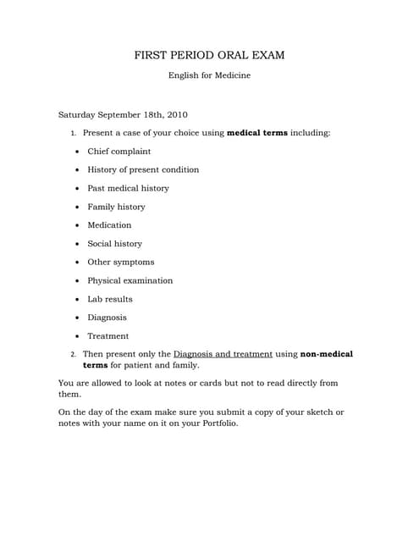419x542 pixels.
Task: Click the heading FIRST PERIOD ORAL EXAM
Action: click(x=209, y=55)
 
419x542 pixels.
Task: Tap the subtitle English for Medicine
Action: click(x=209, y=75)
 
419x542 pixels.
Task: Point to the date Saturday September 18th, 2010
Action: click(x=123, y=114)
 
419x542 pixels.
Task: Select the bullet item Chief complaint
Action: click(x=119, y=152)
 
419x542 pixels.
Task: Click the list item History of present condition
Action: click(x=143, y=169)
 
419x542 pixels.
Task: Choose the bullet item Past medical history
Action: click(x=128, y=188)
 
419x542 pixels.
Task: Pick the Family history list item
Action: click(x=116, y=207)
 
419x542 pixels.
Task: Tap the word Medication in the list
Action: click(x=109, y=225)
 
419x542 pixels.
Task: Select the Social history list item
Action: click(x=114, y=244)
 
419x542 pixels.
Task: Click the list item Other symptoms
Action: click(x=121, y=262)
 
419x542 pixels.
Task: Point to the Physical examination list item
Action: click(x=130, y=280)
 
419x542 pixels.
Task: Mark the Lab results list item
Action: click(x=110, y=299)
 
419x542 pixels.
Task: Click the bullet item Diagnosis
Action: click(x=107, y=318)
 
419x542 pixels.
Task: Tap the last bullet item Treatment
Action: click(x=108, y=336)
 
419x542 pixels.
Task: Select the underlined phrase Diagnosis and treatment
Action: click(x=223, y=354)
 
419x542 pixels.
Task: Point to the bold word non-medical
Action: click(x=327, y=354)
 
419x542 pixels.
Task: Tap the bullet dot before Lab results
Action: click(x=77, y=300)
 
